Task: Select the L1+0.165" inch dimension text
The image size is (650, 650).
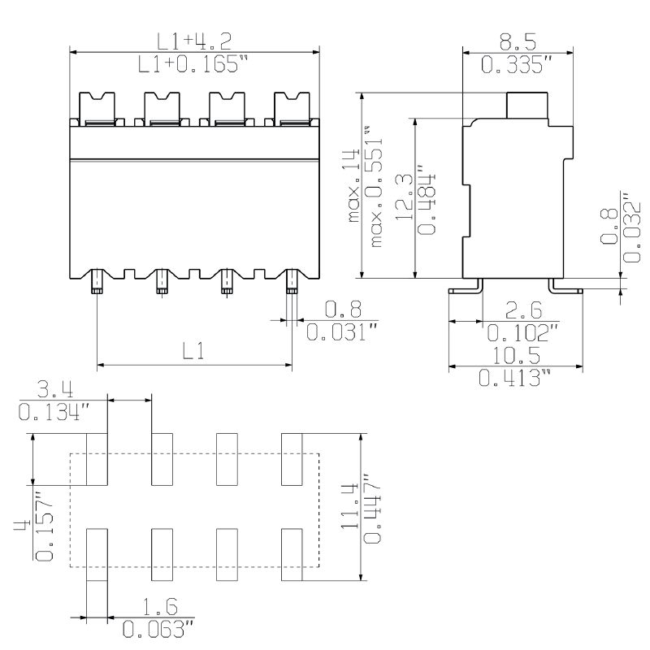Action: (x=193, y=64)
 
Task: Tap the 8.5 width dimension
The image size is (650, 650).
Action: (x=518, y=42)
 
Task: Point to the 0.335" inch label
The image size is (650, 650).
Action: (x=517, y=65)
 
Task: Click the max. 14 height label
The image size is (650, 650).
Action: (x=353, y=185)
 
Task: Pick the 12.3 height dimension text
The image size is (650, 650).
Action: (x=404, y=197)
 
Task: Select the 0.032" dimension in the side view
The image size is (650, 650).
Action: (x=632, y=227)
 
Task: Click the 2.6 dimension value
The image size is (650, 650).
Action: (x=523, y=310)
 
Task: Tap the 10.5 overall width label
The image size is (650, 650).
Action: (x=517, y=356)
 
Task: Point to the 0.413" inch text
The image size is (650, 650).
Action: (x=515, y=378)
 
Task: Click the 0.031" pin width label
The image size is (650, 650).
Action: (x=342, y=331)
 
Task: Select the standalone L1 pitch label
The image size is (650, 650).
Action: (x=193, y=351)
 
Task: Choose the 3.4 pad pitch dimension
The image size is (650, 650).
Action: (x=55, y=390)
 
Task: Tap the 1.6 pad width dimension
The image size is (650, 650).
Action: (x=160, y=607)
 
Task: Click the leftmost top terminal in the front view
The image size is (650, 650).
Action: (x=97, y=109)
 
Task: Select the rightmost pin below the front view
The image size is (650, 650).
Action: (x=292, y=281)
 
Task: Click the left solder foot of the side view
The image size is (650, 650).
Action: (x=466, y=287)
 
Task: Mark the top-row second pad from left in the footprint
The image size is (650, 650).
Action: (x=162, y=459)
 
